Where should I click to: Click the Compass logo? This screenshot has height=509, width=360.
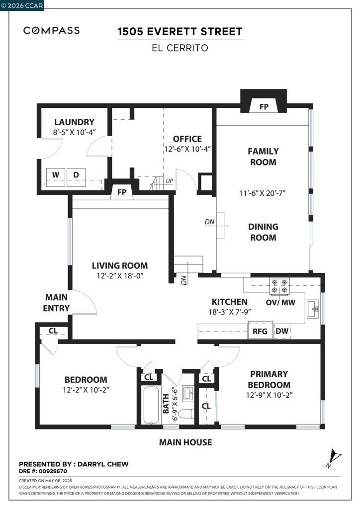coord(51,30)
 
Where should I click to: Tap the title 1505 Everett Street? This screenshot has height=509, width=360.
coord(180,31)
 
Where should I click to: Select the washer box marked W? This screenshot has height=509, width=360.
coord(56,177)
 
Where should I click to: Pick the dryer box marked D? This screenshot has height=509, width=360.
coord(76,177)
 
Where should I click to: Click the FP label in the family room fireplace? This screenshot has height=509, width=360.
coord(264,106)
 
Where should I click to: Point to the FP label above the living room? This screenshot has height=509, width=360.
coord(122,192)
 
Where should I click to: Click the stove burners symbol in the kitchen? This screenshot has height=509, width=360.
coord(279,286)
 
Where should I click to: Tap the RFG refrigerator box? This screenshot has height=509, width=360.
coord(260,331)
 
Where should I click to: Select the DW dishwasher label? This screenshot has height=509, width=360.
coord(282,331)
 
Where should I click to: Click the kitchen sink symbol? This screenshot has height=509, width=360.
coord(313,309)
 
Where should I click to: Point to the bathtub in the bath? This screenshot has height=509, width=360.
coord(151,405)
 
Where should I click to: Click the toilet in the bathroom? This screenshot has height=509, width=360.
coord(187,414)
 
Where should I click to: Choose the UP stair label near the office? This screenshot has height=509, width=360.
coord(170,181)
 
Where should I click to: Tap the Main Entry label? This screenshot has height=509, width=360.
coord(56,303)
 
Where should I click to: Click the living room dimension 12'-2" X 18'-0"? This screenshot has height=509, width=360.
coord(120,276)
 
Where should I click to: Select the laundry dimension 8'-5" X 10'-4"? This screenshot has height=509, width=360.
coord(75,132)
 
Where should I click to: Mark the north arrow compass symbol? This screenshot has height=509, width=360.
coord(334,458)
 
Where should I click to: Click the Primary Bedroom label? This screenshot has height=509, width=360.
coord(269,379)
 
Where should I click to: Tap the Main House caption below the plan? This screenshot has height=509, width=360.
coord(185,442)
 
